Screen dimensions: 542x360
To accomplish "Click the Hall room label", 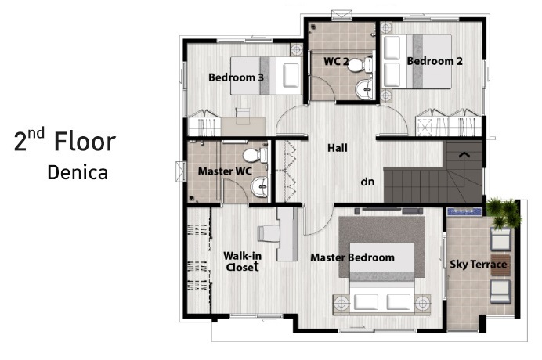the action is click(x=338, y=148).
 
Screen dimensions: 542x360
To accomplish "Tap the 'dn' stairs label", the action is click(x=367, y=182).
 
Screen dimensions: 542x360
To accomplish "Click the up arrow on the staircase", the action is click(x=464, y=155).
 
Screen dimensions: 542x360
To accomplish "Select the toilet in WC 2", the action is click(x=360, y=65).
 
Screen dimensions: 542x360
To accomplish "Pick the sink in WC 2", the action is click(x=364, y=90).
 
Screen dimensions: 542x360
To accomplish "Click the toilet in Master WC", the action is click(x=255, y=155).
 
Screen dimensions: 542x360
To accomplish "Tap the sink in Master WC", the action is click(x=259, y=186).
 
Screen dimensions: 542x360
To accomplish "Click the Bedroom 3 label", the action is click(x=236, y=77).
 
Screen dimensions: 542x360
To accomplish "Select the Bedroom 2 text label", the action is click(x=435, y=61).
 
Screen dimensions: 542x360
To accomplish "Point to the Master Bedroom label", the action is click(x=352, y=257).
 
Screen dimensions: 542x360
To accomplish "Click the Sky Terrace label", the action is click(x=479, y=265).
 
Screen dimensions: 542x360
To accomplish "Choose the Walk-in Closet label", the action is click(x=242, y=261).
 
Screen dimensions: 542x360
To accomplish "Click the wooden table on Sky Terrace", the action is click(x=500, y=265).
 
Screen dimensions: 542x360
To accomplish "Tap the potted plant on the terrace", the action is click(x=504, y=213).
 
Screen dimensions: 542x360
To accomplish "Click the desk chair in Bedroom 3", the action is click(x=243, y=116).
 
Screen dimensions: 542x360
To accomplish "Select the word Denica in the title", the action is click(x=78, y=172).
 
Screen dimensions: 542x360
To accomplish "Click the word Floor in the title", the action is click(x=85, y=142).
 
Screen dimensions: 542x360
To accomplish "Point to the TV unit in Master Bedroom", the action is click(x=389, y=211).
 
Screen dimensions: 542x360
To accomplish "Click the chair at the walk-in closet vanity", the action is click(x=268, y=233).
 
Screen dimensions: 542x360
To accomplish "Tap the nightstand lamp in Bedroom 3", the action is click(x=296, y=50).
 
